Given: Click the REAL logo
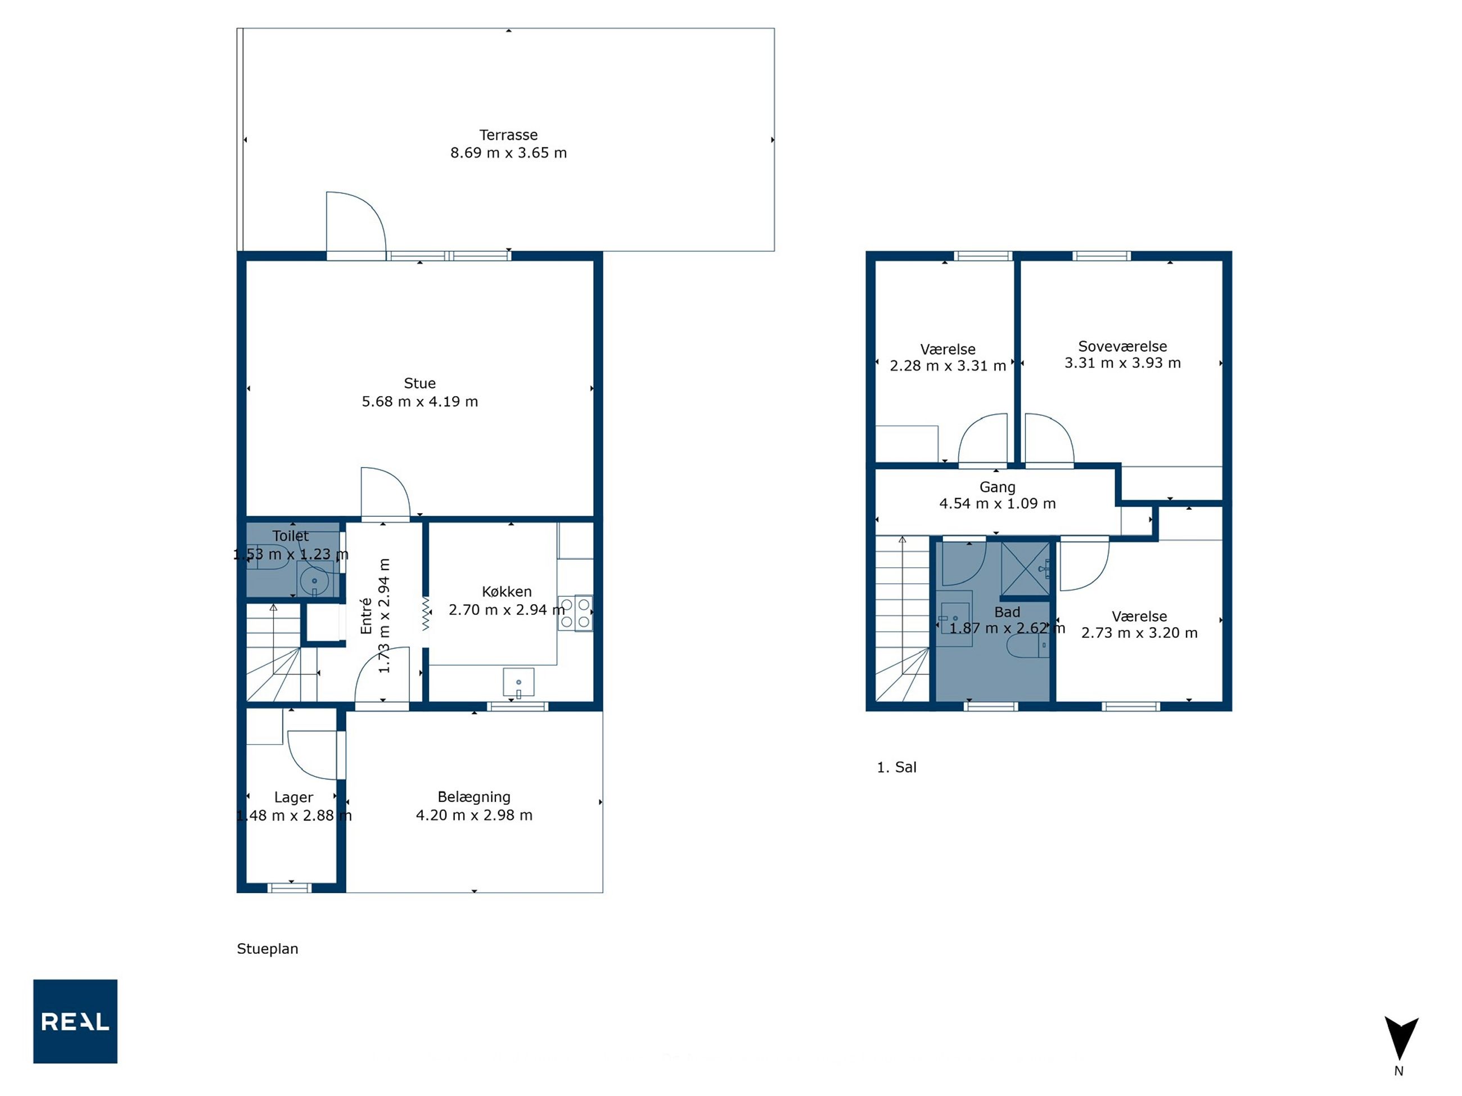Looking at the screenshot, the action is click(x=75, y=1021).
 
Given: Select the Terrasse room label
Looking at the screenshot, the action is click(x=508, y=135).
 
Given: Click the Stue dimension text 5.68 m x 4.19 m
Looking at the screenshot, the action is click(x=419, y=401).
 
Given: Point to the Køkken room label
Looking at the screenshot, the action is click(x=506, y=591).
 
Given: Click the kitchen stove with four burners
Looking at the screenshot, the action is click(x=575, y=613).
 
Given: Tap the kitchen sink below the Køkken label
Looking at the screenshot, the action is click(x=519, y=682).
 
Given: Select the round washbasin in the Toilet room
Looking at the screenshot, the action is click(x=314, y=581).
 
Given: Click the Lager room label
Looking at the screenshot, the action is click(x=294, y=798).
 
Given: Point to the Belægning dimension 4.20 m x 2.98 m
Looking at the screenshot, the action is click(x=474, y=815).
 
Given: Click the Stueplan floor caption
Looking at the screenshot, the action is click(x=268, y=949).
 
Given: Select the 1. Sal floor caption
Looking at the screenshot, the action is click(x=896, y=767).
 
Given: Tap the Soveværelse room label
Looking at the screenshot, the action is click(x=1122, y=346).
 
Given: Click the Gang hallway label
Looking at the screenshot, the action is click(x=998, y=487).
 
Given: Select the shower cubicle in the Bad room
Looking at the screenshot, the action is click(x=1025, y=569).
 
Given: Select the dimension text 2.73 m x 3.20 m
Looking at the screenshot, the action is click(x=1139, y=633).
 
